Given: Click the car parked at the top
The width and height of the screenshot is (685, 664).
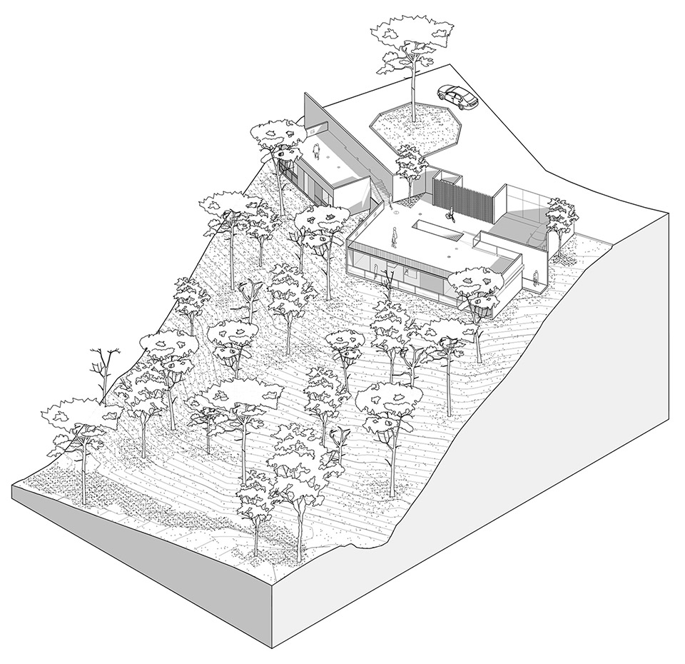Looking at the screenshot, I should click(x=457, y=96).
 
